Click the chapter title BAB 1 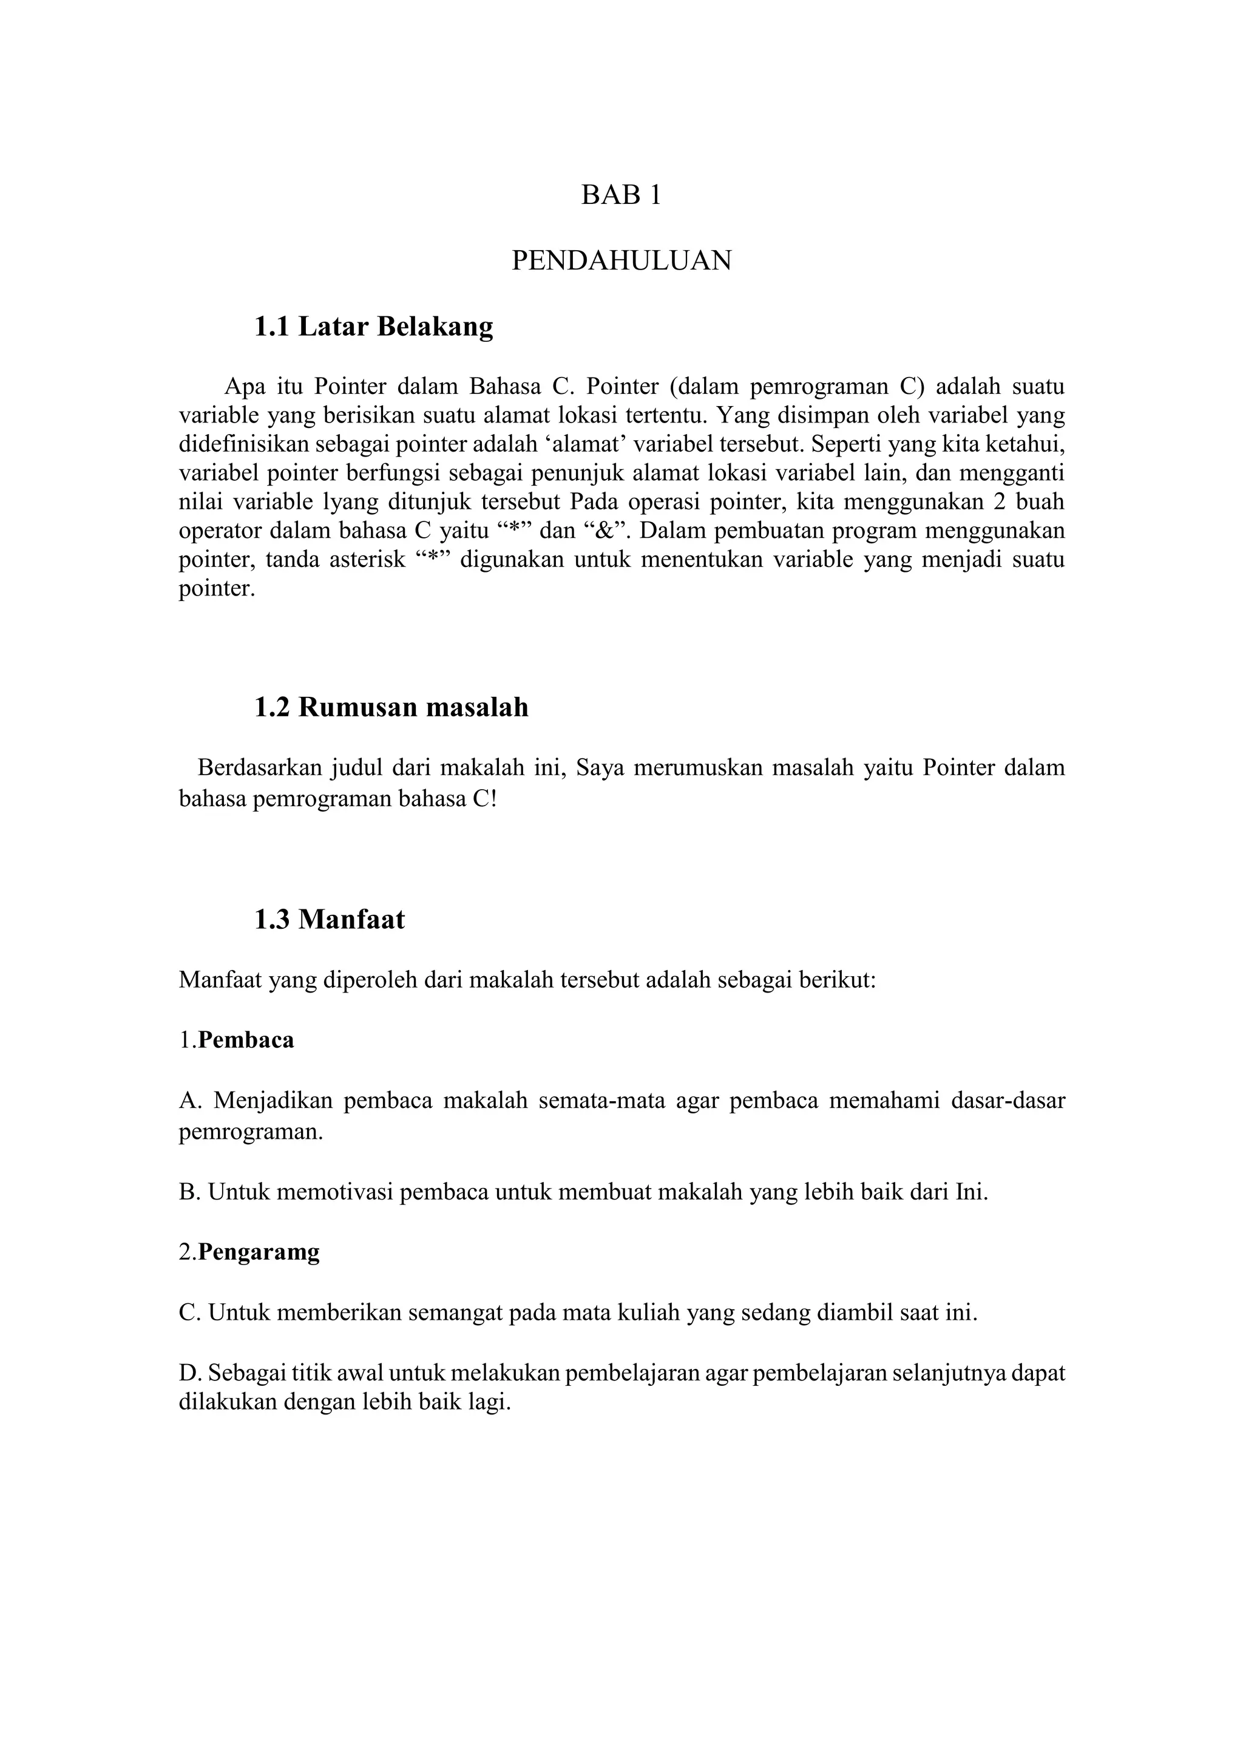pos(621,195)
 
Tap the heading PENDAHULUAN pos(621,261)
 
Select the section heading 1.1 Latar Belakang pos(373,327)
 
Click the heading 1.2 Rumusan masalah pos(391,707)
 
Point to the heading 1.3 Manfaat pos(329,919)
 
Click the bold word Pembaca pos(246,1040)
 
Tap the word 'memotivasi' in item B pos(334,1192)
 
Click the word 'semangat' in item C pos(455,1313)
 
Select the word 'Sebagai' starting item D pos(243,1374)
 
